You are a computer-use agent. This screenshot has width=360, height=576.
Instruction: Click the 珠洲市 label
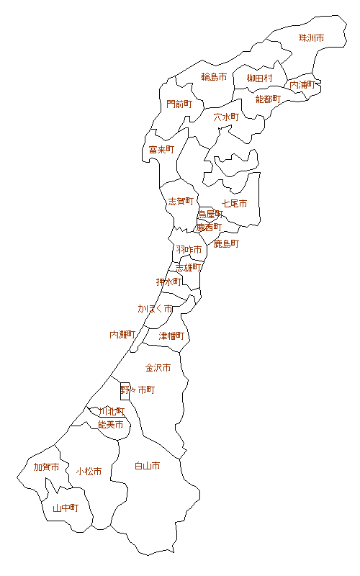311,37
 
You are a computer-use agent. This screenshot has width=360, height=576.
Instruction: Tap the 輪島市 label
214,77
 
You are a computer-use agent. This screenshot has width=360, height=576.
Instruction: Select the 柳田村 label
259,78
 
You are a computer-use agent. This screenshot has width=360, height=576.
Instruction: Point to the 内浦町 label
302,85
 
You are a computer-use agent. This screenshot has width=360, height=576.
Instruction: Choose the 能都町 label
268,99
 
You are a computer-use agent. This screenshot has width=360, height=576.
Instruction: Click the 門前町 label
179,104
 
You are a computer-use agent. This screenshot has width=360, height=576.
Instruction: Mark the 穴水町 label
225,116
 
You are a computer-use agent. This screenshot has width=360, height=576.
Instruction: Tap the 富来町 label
162,150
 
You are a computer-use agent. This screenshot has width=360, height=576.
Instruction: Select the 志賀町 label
181,202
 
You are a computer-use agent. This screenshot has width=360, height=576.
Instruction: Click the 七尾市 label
235,204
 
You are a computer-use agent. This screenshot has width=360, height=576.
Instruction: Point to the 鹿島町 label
226,244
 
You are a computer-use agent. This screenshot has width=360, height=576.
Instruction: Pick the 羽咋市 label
189,249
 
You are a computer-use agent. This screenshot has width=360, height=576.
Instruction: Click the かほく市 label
156,308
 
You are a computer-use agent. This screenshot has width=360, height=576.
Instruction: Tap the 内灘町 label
122,335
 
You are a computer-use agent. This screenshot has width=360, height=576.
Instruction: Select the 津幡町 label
171,336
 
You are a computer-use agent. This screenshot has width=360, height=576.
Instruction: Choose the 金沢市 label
158,367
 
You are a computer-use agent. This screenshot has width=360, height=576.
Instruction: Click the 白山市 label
148,466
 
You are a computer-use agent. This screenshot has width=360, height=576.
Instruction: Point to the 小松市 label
89,472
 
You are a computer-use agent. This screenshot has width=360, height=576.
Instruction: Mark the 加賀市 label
47,467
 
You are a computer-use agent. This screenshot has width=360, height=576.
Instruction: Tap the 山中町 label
65,508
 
